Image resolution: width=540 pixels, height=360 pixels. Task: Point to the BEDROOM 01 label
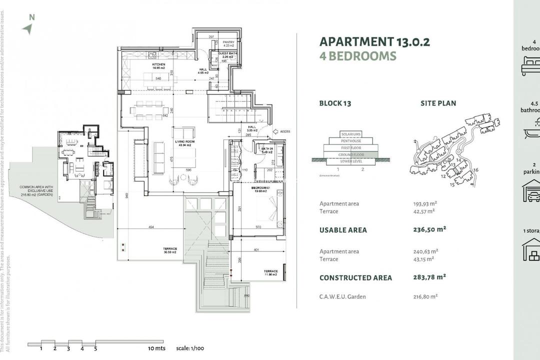tap(261, 188)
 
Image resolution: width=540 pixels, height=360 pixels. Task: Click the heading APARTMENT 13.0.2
tap(374, 41)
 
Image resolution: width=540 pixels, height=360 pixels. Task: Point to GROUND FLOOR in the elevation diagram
tap(350, 154)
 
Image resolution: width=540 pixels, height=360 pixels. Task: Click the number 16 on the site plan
tap(476, 170)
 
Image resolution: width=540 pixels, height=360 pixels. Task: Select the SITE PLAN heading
tap(438, 103)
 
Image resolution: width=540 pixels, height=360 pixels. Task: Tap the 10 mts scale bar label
tap(156, 348)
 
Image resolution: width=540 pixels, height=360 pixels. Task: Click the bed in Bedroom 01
tap(265, 209)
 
